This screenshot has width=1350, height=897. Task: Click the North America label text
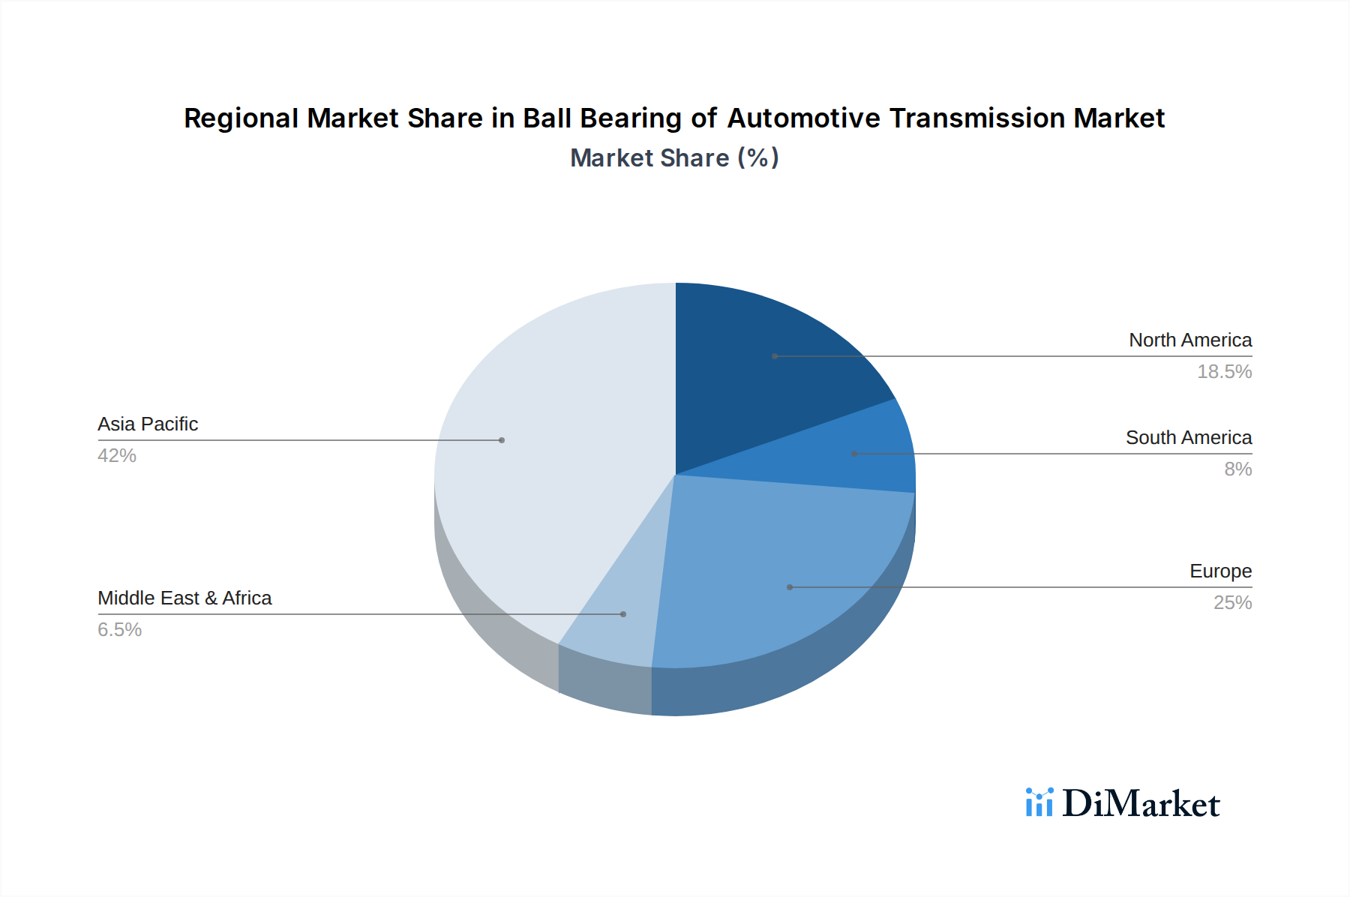tap(1190, 340)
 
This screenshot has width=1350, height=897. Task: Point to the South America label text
tap(1189, 438)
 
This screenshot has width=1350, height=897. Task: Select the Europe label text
tap(1220, 571)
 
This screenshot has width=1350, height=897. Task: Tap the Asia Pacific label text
tap(148, 424)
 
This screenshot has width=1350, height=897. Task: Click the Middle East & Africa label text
tap(184, 598)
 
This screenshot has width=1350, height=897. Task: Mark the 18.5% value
tap(1224, 372)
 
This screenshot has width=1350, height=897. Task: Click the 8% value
tap(1237, 469)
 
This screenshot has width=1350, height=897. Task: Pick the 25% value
tap(1232, 603)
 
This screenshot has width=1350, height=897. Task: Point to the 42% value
tap(117, 456)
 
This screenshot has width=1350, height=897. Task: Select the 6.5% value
tap(120, 630)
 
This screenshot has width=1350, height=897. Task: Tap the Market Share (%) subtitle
tap(674, 158)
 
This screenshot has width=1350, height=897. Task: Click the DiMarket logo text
tap(1141, 804)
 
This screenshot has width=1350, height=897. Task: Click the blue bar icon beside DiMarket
tap(1039, 802)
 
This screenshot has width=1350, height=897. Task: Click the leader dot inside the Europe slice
tap(790, 587)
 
